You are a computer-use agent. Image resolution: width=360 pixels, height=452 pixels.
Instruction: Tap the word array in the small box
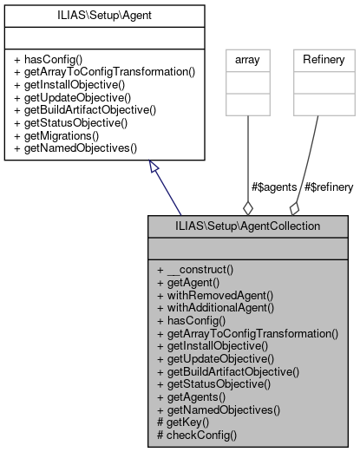click(x=249, y=60)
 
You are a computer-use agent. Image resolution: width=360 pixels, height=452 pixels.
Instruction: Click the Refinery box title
click(x=324, y=60)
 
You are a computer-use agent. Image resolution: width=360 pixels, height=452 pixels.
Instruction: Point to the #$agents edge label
click(x=274, y=187)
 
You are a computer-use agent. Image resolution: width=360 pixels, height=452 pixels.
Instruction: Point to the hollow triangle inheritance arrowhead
click(x=153, y=167)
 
